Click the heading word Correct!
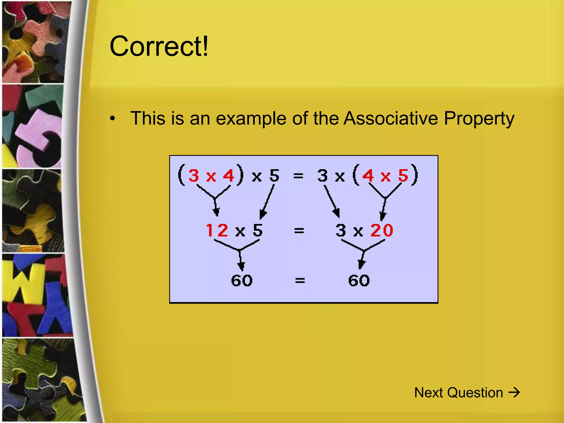[159, 46]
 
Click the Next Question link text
[459, 392]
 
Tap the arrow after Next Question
[514, 392]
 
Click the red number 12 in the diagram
[217, 230]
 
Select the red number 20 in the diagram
[382, 230]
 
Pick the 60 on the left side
[242, 281]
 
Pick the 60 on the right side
[359, 281]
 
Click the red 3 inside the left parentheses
[194, 175]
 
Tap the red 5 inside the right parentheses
[403, 175]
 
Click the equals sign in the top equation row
[298, 175]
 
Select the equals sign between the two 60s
[300, 281]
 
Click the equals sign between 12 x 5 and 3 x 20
[299, 230]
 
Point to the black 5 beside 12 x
[258, 230]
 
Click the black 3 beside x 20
[341, 230]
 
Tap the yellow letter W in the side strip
[26, 281]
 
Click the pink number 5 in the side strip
[39, 135]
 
